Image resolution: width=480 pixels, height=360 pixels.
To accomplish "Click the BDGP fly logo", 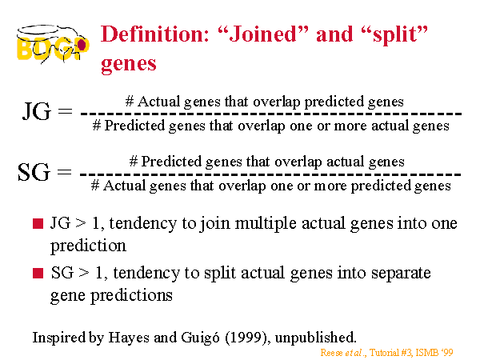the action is (53, 45).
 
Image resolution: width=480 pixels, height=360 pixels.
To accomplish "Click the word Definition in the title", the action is (155, 34).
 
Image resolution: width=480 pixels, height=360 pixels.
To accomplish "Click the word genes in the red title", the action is (129, 64).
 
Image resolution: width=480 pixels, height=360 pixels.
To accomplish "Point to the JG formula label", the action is (36, 111).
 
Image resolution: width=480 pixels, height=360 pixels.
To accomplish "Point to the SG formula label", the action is (34, 172).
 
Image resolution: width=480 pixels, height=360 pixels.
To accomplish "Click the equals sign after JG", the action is (66, 111).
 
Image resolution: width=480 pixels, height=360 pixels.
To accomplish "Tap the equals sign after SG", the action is (65, 172).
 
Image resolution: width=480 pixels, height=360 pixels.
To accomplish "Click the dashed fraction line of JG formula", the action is (271, 114).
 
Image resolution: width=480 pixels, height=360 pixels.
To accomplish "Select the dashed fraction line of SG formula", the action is (270, 174).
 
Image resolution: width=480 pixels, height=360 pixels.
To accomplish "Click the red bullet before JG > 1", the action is (38, 223).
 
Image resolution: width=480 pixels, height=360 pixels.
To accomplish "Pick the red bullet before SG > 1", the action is (38, 273).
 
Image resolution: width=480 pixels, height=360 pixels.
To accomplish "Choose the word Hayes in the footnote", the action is (129, 338).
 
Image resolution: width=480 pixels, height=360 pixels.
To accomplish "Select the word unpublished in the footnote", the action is (316, 338).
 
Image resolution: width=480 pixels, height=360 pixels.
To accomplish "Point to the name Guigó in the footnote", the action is (200, 338).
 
